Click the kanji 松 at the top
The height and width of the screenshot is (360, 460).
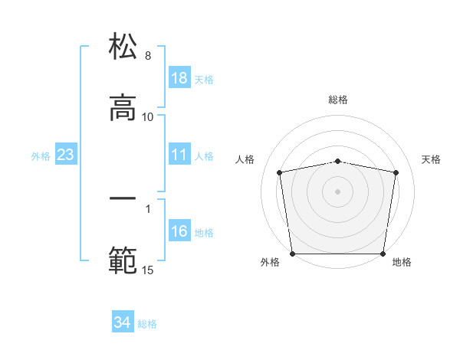[x=123, y=47]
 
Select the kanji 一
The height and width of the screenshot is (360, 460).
[x=123, y=198]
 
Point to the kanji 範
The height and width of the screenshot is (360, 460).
[x=123, y=260]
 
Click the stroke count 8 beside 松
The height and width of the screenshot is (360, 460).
[x=148, y=56]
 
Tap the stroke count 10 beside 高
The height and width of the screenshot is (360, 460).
[x=148, y=116]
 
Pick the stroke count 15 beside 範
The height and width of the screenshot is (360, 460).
[x=148, y=269]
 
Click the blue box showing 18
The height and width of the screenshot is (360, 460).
[x=179, y=79]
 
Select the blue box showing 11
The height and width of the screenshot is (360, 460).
[x=179, y=155]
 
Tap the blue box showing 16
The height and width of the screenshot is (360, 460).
[x=179, y=231]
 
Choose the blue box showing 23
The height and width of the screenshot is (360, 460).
[x=66, y=155]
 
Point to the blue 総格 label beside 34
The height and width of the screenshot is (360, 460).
[x=147, y=324]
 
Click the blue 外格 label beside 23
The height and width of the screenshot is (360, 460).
[x=41, y=155]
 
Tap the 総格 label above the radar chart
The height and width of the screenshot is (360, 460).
[x=338, y=100]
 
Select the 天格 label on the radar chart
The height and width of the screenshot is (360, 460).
[x=431, y=159]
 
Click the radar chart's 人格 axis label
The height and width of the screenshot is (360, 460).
[x=245, y=159]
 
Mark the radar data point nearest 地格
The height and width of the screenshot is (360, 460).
[x=383, y=254]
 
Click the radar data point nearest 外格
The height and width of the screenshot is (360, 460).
[x=292, y=254]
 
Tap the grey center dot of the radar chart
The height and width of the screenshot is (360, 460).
[x=338, y=191]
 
